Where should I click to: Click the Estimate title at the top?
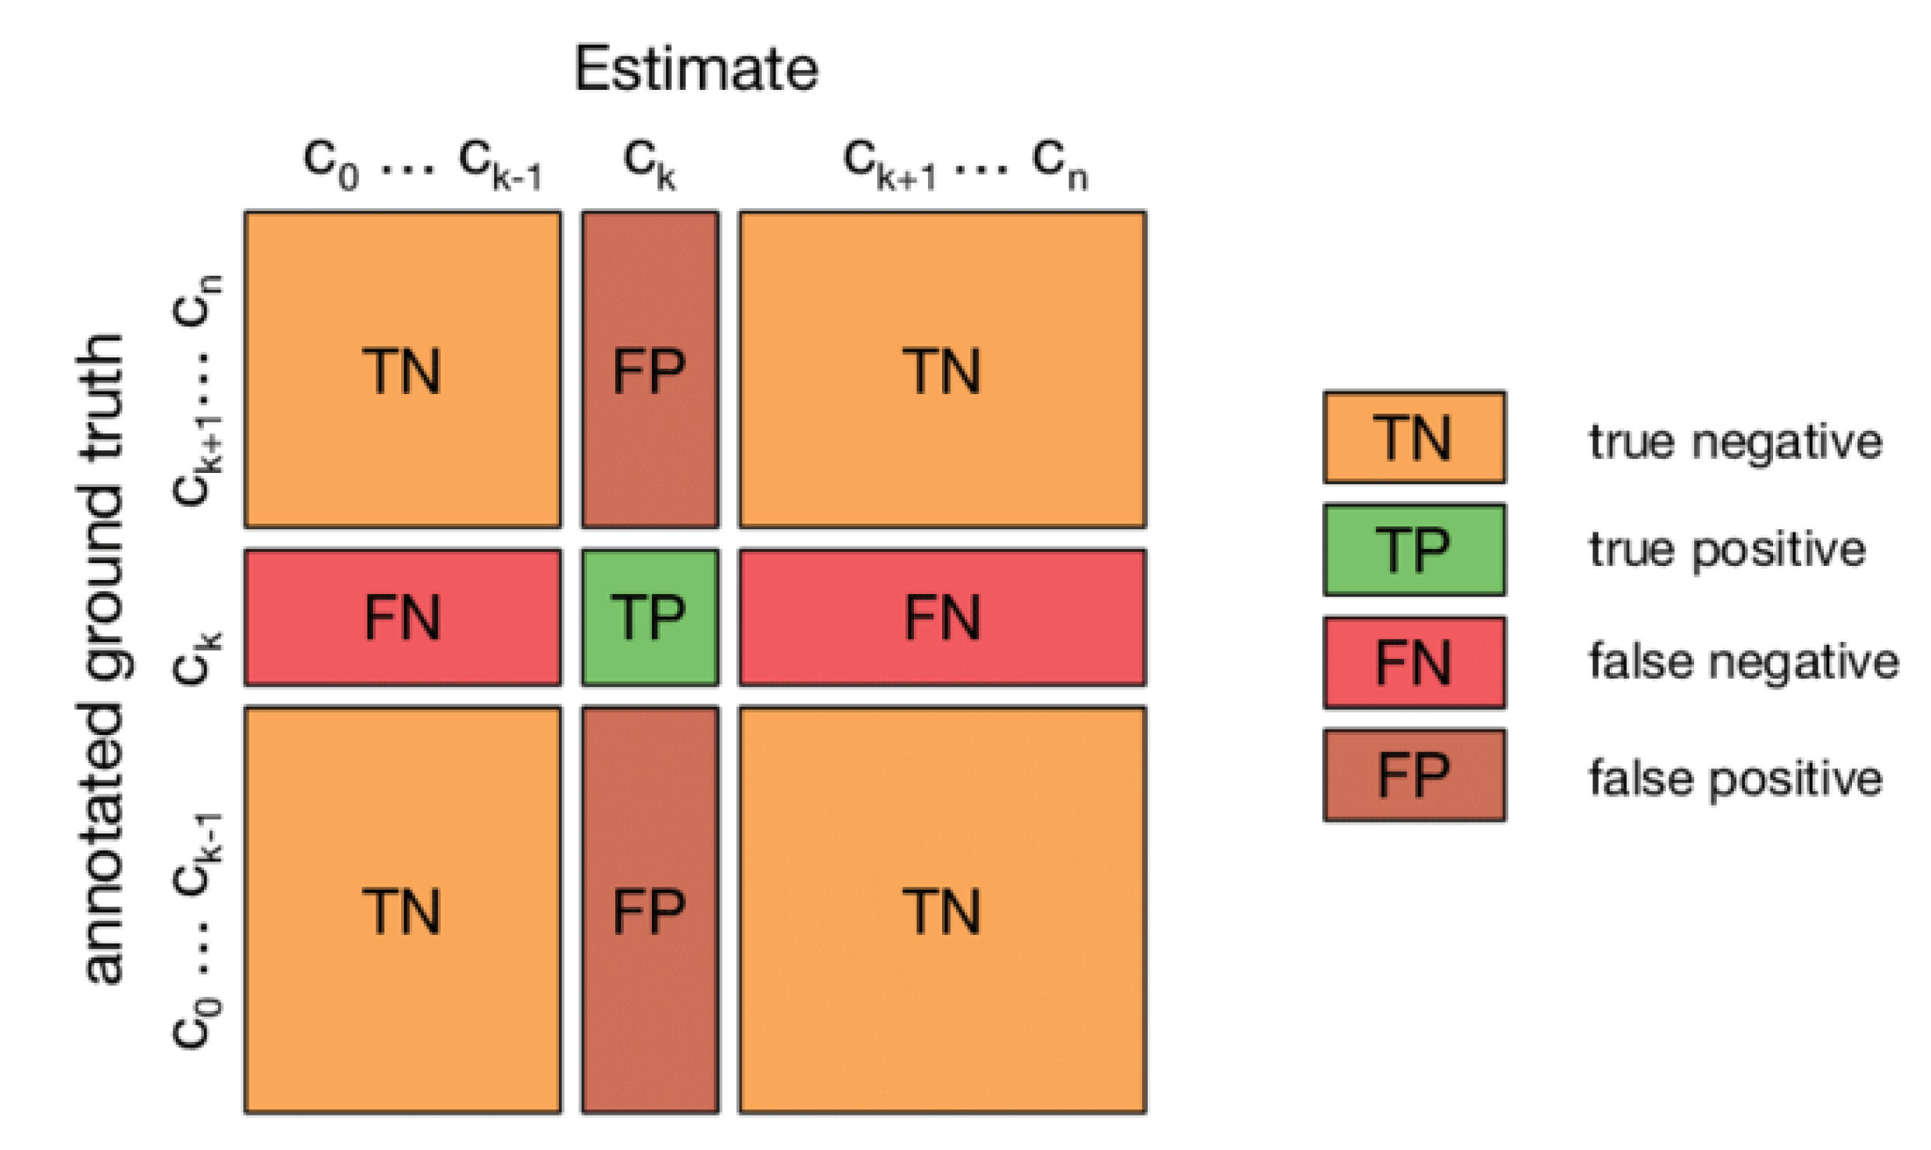click(x=696, y=69)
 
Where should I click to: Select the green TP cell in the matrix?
click(x=650, y=618)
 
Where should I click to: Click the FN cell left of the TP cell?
click(x=403, y=618)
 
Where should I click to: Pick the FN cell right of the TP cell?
click(x=942, y=618)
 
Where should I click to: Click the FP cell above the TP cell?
click(x=650, y=370)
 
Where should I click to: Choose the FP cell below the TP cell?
click(x=650, y=909)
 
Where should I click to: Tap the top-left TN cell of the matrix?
click(x=403, y=370)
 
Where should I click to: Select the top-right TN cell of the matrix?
click(x=942, y=370)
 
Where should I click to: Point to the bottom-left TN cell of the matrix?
click(x=403, y=909)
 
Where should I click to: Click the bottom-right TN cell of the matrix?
click(x=942, y=909)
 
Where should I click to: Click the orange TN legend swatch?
click(x=1413, y=437)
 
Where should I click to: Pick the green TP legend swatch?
click(x=1413, y=550)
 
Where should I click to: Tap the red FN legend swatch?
click(x=1413, y=662)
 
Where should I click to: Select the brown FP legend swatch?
click(x=1413, y=775)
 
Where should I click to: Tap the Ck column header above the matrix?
click(x=649, y=164)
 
